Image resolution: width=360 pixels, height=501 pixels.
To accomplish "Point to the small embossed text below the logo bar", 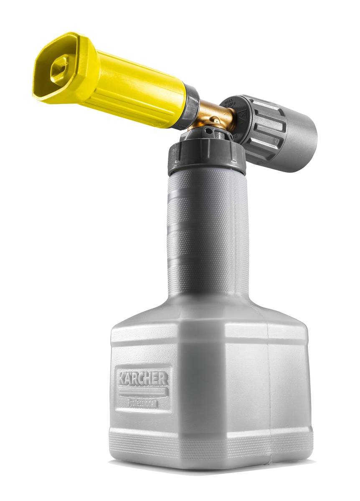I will (x=142, y=404).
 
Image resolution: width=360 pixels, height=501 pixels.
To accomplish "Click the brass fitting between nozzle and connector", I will (x=213, y=115).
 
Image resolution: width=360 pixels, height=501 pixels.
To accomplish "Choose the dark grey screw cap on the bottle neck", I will (x=207, y=157).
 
